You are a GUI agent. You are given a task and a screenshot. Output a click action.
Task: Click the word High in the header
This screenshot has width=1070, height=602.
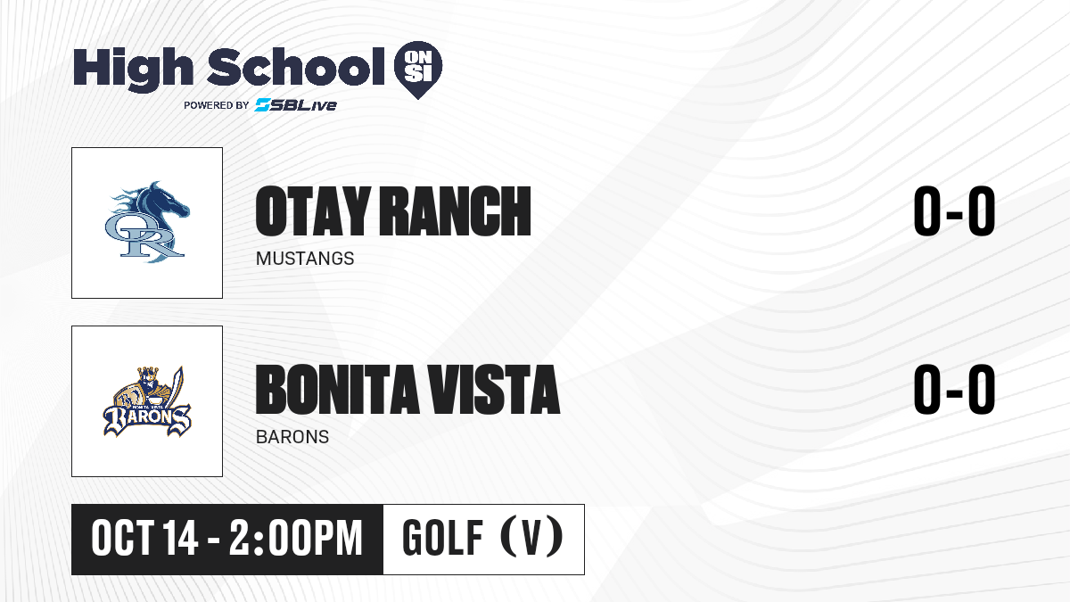point(134,70)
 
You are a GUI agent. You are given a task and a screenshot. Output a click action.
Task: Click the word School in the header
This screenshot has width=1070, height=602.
point(296,67)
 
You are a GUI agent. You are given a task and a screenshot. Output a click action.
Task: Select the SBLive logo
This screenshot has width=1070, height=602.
point(296,105)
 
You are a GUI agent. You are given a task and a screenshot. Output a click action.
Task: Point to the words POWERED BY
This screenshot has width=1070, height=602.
point(217,105)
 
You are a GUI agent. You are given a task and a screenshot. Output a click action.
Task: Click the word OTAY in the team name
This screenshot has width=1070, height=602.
point(313,211)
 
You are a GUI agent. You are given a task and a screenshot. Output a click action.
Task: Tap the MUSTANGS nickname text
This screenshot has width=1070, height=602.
point(305,259)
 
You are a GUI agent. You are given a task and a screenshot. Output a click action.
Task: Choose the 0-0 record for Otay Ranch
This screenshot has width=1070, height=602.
point(954,210)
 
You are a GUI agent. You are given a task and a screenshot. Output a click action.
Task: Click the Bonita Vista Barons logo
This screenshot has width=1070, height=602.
point(147,401)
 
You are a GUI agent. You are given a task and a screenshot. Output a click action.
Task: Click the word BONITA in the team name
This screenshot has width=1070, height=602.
point(337,390)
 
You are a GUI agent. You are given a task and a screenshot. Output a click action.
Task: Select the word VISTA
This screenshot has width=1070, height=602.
point(493,390)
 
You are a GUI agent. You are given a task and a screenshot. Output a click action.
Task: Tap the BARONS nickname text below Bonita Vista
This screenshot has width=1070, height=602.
point(292,437)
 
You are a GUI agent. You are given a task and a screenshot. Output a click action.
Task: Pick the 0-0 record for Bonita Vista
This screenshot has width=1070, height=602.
point(954,389)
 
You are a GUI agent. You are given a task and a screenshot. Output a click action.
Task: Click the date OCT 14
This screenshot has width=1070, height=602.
point(144,539)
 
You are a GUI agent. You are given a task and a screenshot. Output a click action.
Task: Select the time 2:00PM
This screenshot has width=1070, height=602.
point(296,539)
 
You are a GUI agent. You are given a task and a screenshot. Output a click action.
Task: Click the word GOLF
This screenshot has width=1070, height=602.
point(442,539)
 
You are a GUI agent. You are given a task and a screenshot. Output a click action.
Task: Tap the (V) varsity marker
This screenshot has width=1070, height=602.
point(531,537)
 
